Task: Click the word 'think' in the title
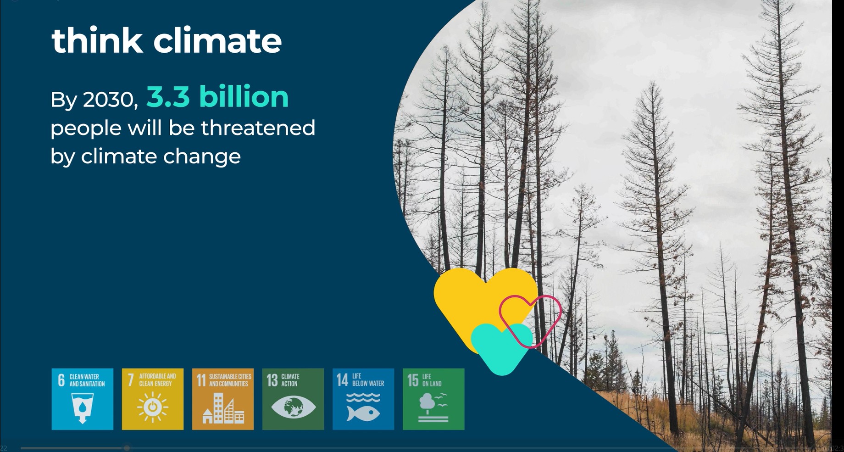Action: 97,40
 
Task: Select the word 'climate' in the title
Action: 217,40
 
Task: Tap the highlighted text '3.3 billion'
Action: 217,97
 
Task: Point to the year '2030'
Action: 110,100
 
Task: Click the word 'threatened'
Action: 258,128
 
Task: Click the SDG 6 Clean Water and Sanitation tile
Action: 83,399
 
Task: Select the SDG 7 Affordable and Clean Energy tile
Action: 153,399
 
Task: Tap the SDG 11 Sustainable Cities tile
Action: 223,399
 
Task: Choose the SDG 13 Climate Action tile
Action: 293,399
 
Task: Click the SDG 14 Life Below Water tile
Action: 363,399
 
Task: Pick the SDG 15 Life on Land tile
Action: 433,399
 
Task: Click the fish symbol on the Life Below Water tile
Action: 363,413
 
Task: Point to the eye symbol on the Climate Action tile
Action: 293,407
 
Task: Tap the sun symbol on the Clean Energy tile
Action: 153,407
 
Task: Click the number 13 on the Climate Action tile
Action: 272,380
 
